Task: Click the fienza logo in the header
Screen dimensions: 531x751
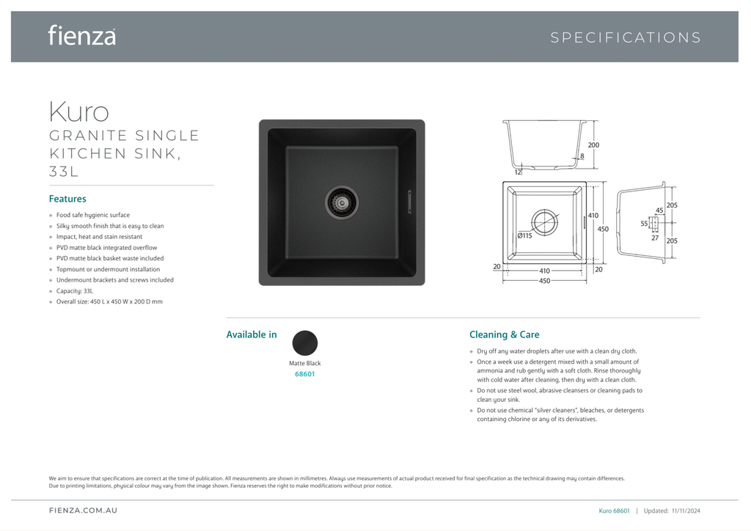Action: point(81,35)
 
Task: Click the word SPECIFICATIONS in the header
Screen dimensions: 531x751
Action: point(626,37)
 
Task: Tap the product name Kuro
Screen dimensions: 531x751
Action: point(78,111)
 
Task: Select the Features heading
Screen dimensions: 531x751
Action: point(67,199)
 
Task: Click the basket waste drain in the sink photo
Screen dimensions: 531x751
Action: point(341,199)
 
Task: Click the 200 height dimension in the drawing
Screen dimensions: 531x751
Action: point(593,145)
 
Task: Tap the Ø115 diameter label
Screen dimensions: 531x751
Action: point(524,235)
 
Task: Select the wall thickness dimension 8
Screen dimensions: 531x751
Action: point(582,155)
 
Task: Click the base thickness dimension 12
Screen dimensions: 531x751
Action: point(518,172)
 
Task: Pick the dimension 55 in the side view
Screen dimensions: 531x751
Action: point(644,224)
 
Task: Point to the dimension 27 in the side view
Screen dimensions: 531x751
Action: point(655,238)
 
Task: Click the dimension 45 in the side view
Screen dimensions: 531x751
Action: point(659,210)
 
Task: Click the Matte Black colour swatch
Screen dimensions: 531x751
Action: point(305,343)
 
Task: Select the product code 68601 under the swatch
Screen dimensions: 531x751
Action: point(304,374)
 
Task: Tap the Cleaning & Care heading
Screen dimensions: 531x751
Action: point(504,334)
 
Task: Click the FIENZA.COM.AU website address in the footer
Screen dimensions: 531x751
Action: point(83,510)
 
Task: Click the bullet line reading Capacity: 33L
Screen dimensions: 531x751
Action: point(74,291)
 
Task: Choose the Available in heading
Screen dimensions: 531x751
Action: point(252,334)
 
